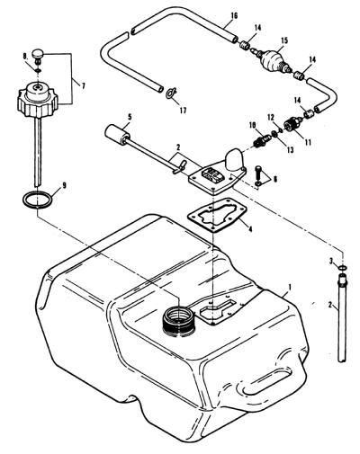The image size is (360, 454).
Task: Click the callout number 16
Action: click(234, 15)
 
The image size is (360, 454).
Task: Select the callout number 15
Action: click(284, 40)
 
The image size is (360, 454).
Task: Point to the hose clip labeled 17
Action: click(172, 93)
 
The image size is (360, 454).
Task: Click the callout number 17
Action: click(183, 111)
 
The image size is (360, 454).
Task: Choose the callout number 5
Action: click(130, 117)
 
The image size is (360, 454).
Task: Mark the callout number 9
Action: click(64, 185)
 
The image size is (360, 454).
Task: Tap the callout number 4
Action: click(250, 229)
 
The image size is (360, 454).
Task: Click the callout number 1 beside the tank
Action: click(290, 287)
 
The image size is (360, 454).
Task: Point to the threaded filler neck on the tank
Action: click(178, 322)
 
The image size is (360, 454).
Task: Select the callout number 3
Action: click(331, 262)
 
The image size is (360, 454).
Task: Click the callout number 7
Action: click(83, 86)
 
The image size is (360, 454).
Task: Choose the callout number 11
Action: click(307, 142)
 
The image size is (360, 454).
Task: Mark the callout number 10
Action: click(252, 124)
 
